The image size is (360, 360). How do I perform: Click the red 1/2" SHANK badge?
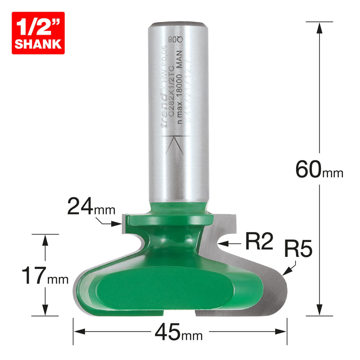tap(38, 33)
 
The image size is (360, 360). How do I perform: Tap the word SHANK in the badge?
tap(38, 44)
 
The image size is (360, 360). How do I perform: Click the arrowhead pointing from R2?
tap(220, 243)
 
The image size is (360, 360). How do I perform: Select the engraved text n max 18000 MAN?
tap(179, 97)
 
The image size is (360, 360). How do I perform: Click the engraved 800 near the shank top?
tap(178, 40)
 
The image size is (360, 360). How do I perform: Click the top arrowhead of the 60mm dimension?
tap(319, 28)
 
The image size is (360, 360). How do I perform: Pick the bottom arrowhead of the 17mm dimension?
tap(45, 310)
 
